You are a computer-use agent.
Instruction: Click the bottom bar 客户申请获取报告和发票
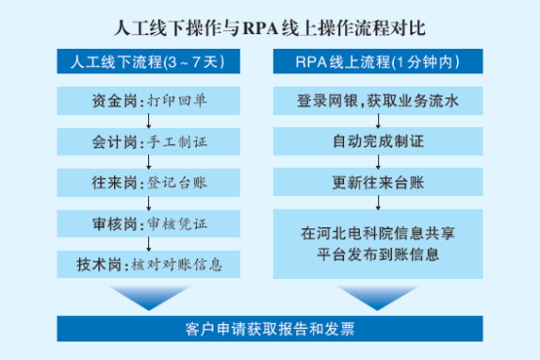coord(270,329)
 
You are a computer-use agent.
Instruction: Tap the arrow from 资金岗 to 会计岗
coord(148,121)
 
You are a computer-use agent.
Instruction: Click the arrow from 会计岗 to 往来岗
coord(148,162)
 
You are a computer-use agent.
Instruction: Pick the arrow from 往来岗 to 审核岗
coord(148,203)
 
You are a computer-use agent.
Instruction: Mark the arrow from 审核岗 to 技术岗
coord(148,244)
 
